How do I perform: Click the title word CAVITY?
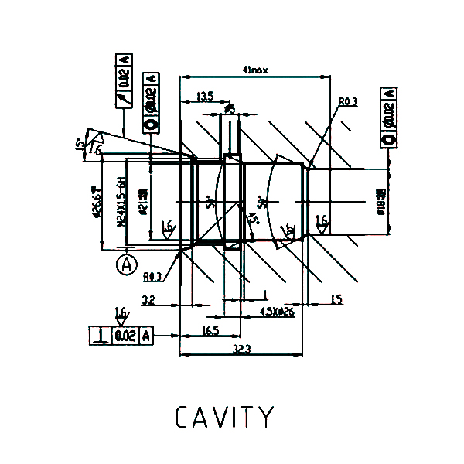pyautogui.click(x=223, y=417)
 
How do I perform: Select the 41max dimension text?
pyautogui.click(x=254, y=70)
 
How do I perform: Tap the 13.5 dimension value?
pyautogui.click(x=205, y=97)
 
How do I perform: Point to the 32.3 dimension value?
pyautogui.click(x=241, y=349)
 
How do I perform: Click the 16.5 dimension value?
pyautogui.click(x=210, y=330)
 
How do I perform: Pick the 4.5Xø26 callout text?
pyautogui.click(x=276, y=312)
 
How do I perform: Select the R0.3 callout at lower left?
pyautogui.click(x=152, y=276)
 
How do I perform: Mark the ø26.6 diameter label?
pyautogui.click(x=97, y=203)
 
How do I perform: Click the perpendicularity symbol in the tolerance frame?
pyautogui.click(x=101, y=336)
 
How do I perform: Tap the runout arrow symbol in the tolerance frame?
pyautogui.click(x=124, y=99)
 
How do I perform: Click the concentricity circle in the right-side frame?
pyautogui.click(x=388, y=139)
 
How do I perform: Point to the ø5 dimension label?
pyautogui.click(x=230, y=111)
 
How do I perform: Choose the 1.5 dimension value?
pyautogui.click(x=336, y=299)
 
